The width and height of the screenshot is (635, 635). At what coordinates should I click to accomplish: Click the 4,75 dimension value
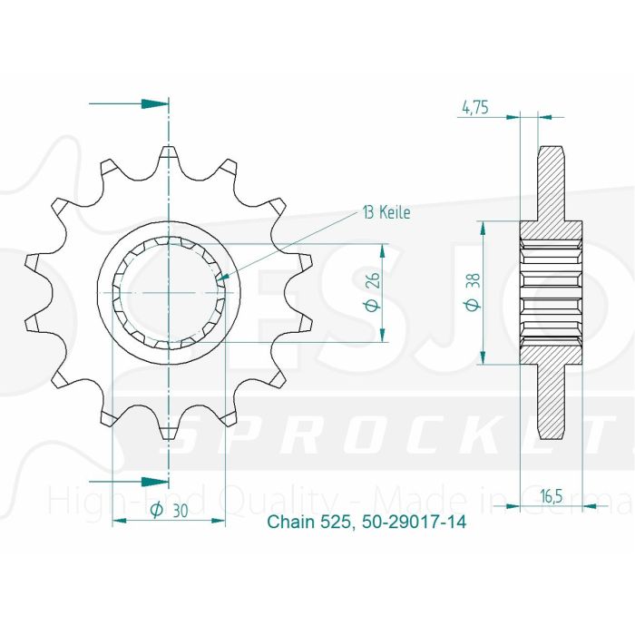click(x=475, y=107)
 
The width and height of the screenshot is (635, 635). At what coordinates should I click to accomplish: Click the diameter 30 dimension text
click(x=169, y=511)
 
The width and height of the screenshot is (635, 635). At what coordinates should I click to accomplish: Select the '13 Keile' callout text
click(x=386, y=213)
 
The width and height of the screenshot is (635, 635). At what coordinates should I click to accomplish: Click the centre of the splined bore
click(x=168, y=293)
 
